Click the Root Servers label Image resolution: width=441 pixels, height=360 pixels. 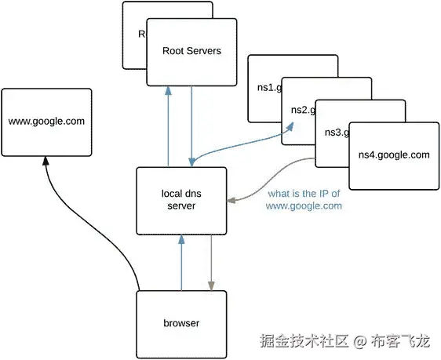[191, 51]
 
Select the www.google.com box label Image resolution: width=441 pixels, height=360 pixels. [46, 122]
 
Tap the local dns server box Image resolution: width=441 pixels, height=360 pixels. [180, 199]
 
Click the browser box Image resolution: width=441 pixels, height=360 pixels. [181, 323]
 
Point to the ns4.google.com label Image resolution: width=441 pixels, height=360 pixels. [393, 155]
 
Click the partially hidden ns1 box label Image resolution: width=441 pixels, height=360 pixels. [264, 87]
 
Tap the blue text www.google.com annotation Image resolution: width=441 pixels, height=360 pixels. [304, 206]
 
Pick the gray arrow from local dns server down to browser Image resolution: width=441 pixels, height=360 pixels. [210, 263]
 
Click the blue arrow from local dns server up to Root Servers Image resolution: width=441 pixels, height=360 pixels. [168, 125]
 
